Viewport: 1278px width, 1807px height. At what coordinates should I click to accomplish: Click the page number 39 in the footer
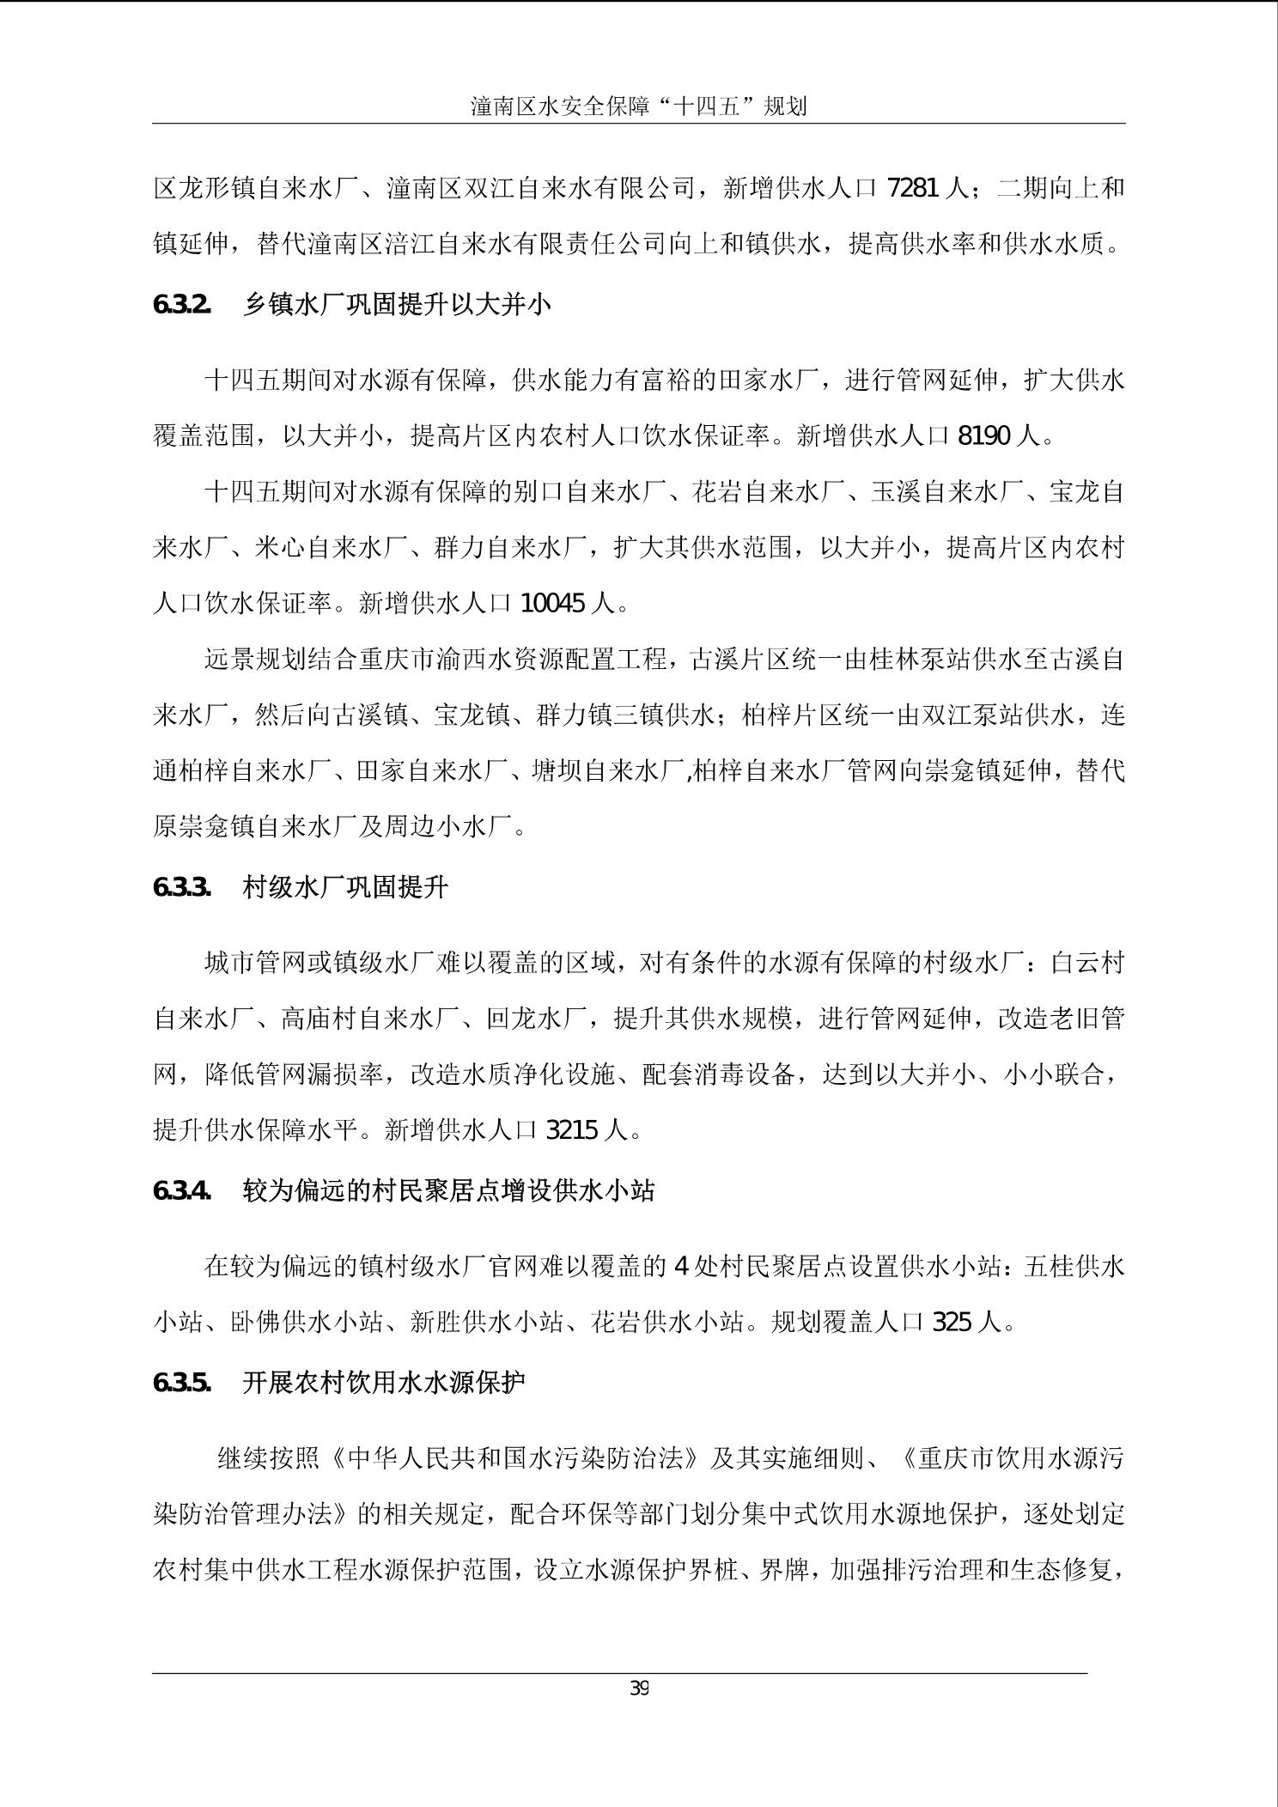point(639,1688)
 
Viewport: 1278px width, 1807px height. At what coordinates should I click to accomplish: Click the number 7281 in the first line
point(912,187)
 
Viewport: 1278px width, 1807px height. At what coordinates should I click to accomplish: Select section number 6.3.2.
point(182,305)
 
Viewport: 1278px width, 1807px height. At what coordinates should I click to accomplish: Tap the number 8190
point(983,436)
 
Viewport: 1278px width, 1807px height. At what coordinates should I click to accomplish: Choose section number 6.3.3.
point(182,887)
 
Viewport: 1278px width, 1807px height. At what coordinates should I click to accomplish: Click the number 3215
point(572,1130)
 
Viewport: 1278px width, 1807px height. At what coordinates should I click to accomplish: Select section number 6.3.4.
point(182,1190)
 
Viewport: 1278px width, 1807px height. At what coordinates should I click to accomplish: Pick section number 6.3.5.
point(182,1383)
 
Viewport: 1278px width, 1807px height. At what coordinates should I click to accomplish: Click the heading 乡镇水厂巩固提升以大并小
point(397,305)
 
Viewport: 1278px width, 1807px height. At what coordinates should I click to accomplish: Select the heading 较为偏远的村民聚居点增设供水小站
point(448,1190)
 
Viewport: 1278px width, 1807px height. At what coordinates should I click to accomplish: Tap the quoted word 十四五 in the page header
point(715,107)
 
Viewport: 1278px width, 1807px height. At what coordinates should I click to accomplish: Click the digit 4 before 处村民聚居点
point(682,1267)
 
